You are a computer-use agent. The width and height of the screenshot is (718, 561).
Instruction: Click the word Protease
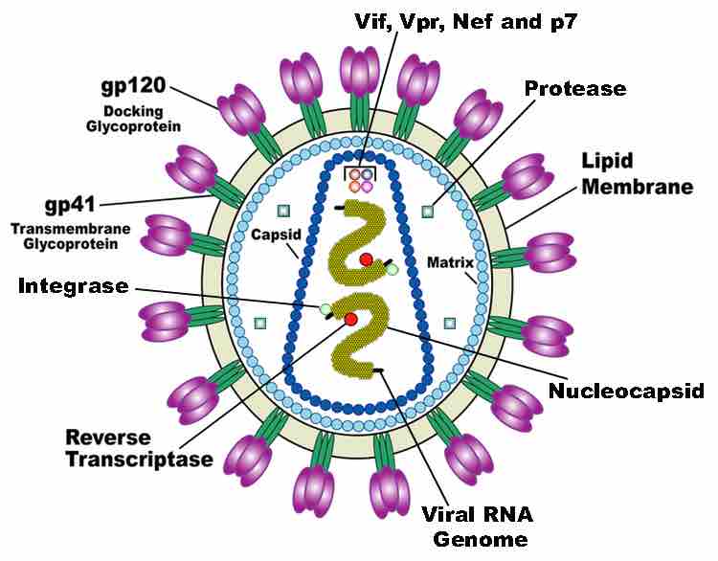click(575, 89)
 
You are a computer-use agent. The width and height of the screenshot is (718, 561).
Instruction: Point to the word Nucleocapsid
click(626, 391)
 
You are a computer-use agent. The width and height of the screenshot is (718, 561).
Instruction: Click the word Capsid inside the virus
click(273, 233)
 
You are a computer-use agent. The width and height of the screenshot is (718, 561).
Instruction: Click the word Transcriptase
click(140, 460)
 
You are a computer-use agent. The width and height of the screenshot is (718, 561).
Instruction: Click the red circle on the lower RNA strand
click(350, 318)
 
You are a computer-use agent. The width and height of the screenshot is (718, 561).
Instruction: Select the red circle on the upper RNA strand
click(366, 259)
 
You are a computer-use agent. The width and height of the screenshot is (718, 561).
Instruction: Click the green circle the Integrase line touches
click(326, 308)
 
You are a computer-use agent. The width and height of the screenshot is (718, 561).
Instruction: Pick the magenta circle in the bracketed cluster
click(368, 188)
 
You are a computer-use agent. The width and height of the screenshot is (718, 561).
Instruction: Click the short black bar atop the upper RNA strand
click(340, 206)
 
